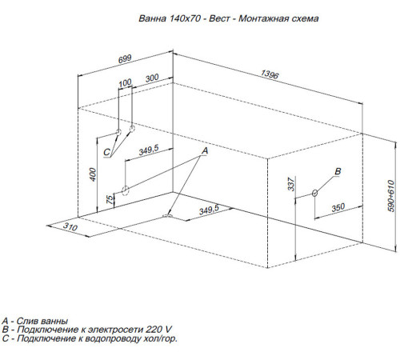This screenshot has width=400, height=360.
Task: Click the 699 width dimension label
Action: click(x=125, y=59)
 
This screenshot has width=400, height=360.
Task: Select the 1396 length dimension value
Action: click(x=270, y=74)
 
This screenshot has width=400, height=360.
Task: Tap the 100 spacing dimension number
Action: click(x=125, y=83)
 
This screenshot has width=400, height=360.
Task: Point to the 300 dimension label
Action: click(x=152, y=78)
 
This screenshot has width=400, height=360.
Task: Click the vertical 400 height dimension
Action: click(x=93, y=174)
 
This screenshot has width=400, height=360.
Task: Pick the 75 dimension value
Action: click(x=110, y=199)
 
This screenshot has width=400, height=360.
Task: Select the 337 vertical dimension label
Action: click(x=291, y=184)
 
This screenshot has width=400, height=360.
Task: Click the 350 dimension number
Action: click(x=338, y=207)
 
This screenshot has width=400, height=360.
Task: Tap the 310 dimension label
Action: click(x=70, y=226)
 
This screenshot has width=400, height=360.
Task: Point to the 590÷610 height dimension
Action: click(x=390, y=196)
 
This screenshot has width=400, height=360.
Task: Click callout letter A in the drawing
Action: click(x=205, y=151)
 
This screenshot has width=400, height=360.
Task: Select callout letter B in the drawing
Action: click(x=338, y=171)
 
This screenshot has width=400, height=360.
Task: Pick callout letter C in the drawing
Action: click(x=106, y=152)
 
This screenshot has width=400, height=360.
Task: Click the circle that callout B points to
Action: click(x=314, y=193)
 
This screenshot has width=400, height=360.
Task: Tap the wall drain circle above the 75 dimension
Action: click(x=126, y=190)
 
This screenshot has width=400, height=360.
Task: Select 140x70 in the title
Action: click(x=185, y=18)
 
